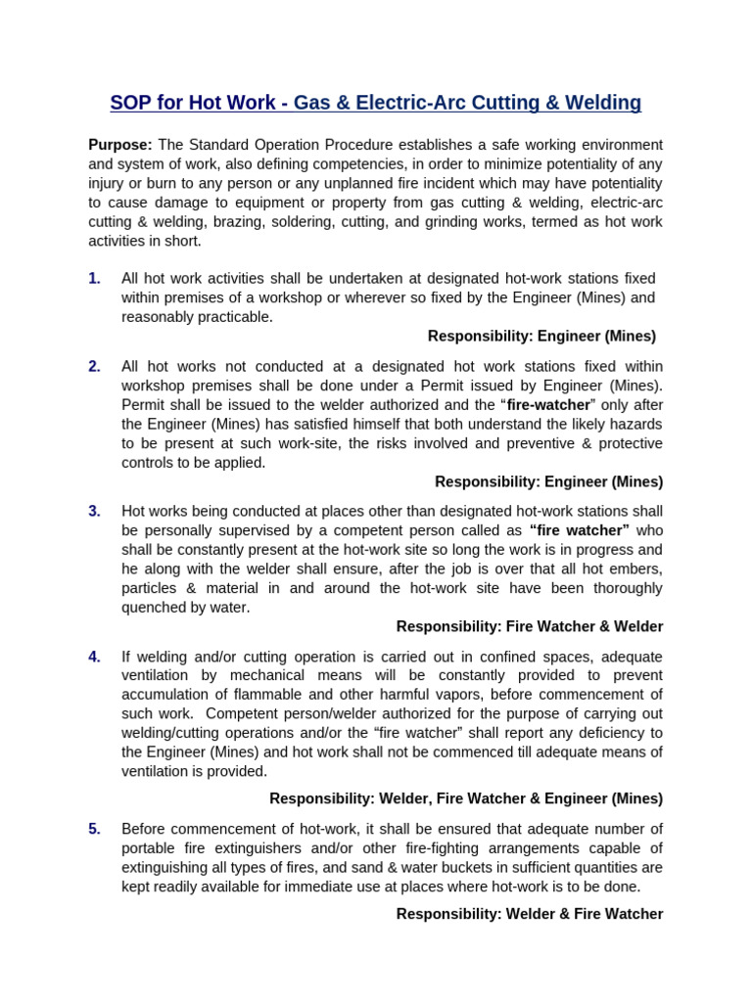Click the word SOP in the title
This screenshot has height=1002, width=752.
point(131,103)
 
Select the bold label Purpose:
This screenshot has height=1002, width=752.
point(120,145)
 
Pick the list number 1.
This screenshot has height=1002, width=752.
point(94,279)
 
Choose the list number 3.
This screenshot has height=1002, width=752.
point(94,511)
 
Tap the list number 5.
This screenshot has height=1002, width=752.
point(94,829)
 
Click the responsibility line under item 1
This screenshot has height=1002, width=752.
point(541,336)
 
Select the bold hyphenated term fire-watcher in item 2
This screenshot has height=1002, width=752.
point(548,404)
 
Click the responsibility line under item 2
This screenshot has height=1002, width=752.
point(548,481)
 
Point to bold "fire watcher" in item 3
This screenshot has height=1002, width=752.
point(579,530)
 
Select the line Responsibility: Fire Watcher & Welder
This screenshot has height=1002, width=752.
point(529,626)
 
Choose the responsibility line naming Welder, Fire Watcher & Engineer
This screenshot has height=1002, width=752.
point(466,798)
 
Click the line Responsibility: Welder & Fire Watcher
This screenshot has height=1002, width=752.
point(529,914)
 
